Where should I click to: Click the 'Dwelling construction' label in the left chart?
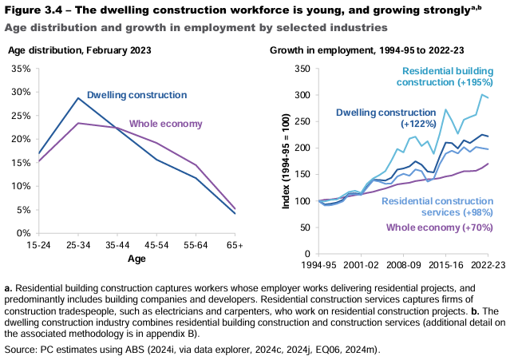(x=136, y=95)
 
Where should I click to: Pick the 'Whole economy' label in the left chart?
(x=166, y=124)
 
